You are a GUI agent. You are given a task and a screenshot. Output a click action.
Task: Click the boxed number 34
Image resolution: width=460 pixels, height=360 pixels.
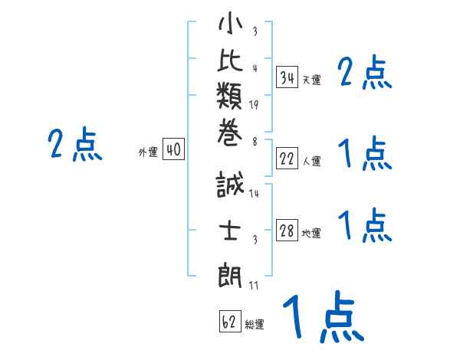[287, 77]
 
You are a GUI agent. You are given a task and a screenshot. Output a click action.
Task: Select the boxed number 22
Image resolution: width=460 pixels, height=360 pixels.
[287, 159]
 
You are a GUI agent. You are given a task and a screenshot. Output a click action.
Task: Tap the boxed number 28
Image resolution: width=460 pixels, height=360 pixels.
[287, 231]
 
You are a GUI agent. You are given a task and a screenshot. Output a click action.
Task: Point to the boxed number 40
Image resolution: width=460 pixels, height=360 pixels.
[174, 150]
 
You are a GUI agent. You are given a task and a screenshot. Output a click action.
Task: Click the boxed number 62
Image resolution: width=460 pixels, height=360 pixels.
[229, 321]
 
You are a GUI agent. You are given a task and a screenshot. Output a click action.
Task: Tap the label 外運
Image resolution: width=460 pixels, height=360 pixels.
[147, 152]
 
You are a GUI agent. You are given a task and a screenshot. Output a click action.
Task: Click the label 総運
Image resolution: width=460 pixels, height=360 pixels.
[255, 324]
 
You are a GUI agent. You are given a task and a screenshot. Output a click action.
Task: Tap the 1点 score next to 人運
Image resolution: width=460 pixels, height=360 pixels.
[364, 153]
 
